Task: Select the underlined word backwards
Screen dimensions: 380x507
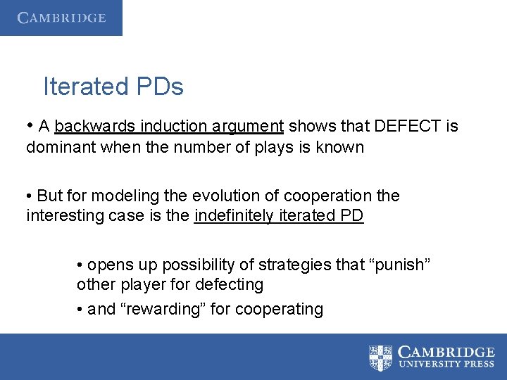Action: (x=95, y=127)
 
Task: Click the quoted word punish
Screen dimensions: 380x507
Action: (x=401, y=264)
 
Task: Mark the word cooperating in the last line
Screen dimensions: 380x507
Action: (x=279, y=309)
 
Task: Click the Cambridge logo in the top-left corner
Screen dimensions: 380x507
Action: (x=61, y=18)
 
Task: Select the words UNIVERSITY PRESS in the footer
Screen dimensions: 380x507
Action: (x=446, y=365)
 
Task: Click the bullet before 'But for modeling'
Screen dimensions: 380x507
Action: (x=30, y=196)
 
